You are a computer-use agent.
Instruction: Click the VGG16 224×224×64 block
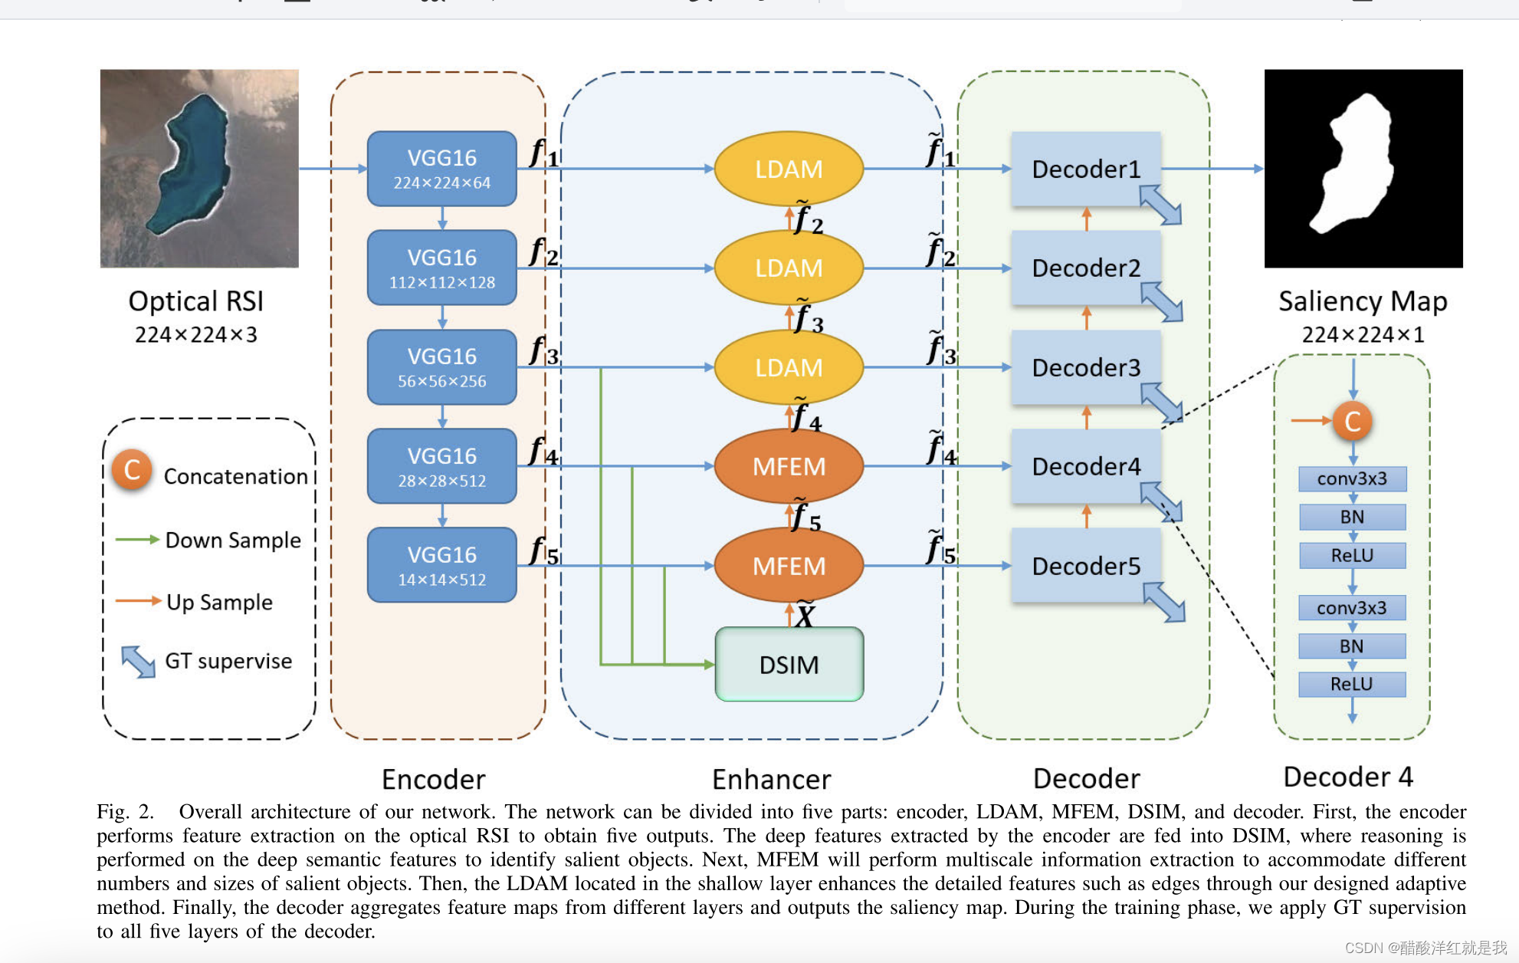(441, 169)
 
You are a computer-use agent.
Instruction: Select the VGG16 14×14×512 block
(441, 565)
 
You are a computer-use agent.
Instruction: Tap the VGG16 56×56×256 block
(441, 367)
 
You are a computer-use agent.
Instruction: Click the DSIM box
(789, 665)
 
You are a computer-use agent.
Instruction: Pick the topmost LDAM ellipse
(789, 169)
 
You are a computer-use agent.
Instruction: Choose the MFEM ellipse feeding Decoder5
(789, 566)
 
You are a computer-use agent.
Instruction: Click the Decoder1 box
(1085, 169)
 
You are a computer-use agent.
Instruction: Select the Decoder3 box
(1085, 367)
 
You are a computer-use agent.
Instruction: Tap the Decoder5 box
(1085, 566)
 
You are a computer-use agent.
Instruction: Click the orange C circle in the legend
(132, 470)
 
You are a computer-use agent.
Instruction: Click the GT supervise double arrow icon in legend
(138, 661)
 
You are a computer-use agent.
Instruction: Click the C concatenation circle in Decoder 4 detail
(1352, 421)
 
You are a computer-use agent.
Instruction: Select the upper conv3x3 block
(1352, 479)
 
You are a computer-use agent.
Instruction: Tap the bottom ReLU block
(1352, 684)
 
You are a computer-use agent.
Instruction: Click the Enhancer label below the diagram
(771, 779)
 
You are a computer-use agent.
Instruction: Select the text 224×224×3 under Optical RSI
(196, 335)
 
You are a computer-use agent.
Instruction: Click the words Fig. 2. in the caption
(125, 812)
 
